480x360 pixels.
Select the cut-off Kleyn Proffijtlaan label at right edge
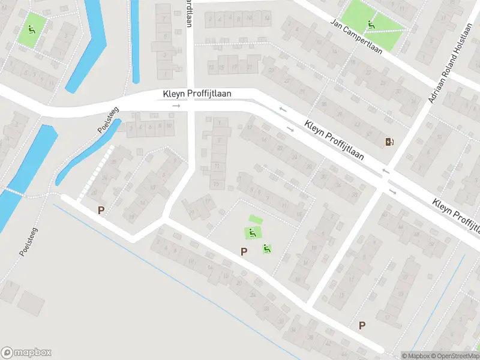coord(457,214)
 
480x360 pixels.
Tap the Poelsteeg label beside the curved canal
coord(108,120)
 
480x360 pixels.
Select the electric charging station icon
coord(390,142)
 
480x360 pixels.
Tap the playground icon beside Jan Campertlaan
coord(372,25)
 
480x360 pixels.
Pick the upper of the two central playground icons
coord(251,233)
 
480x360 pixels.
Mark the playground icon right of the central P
coord(266,248)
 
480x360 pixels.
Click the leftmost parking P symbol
coord(101,210)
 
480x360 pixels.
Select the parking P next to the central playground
coord(244,251)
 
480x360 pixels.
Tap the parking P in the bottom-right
coord(362,325)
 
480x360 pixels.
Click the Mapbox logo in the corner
coord(26,353)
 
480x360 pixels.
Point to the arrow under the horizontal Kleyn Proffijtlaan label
coord(176,106)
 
